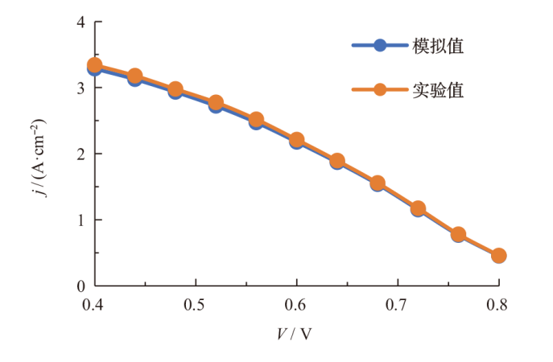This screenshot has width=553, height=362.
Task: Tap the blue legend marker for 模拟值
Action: pyautogui.click(x=382, y=47)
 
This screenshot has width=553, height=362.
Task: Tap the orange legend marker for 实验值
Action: pyautogui.click(x=382, y=90)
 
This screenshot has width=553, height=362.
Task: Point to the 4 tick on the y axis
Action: pyautogui.click(x=80, y=22)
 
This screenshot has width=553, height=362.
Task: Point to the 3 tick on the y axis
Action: pyautogui.click(x=80, y=88)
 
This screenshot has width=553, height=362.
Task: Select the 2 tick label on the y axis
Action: pyautogui.click(x=80, y=154)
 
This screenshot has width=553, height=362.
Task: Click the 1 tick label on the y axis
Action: pyautogui.click(x=80, y=220)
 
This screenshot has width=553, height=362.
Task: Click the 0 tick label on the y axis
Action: pyautogui.click(x=80, y=286)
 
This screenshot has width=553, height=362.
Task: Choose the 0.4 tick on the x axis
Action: pyautogui.click(x=94, y=305)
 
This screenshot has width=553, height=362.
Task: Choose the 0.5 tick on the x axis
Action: pyautogui.click(x=196, y=305)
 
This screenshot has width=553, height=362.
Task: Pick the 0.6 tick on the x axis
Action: pyautogui.click(x=296, y=305)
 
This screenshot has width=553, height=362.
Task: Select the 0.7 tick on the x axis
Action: pyautogui.click(x=398, y=305)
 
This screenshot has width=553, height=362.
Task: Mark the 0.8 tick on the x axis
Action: pyautogui.click(x=498, y=305)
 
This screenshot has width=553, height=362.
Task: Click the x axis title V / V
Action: pyautogui.click(x=295, y=333)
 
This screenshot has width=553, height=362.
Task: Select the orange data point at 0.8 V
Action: pyautogui.click(x=498, y=256)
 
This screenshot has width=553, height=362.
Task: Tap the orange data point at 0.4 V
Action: pyautogui.click(x=94, y=65)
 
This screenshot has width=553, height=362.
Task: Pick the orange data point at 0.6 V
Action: pyautogui.click(x=296, y=140)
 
